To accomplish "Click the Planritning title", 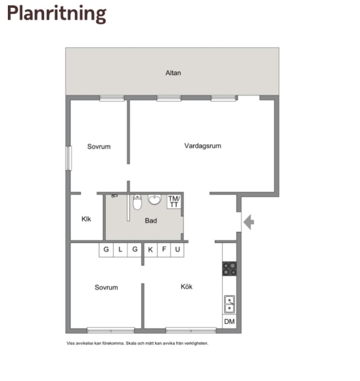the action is (x=56, y=14).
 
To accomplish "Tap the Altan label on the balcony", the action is (x=173, y=73).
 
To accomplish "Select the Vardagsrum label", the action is (x=203, y=146).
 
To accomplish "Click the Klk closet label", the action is (x=86, y=219).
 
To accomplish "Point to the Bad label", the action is (x=150, y=221).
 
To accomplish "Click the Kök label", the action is (x=187, y=286).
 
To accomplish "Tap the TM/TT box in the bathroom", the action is (x=174, y=202).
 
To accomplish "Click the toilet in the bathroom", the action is (x=137, y=202).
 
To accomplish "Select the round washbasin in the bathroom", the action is (x=154, y=199).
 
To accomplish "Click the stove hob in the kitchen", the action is (x=229, y=269).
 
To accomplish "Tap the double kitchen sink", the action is (x=229, y=304).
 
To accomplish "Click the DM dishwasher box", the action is (x=229, y=321).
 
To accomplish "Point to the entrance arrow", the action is (x=249, y=222).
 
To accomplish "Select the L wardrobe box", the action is (x=120, y=250).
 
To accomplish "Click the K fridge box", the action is (x=150, y=250).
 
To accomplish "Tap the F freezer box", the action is (x=164, y=250).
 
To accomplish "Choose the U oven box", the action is (x=177, y=250).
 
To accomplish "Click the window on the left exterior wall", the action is (x=69, y=158).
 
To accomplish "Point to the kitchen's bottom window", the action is (x=191, y=330).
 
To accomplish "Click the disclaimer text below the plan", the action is (x=137, y=344).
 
